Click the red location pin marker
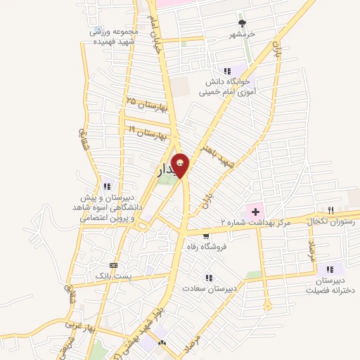coord(180,165)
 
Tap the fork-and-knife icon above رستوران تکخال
coord(331,210)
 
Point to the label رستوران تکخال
coord(330,221)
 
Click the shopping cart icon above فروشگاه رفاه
coord(205,236)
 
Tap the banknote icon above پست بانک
coord(115,266)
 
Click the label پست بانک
coord(115,277)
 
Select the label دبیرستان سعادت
coord(208,288)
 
